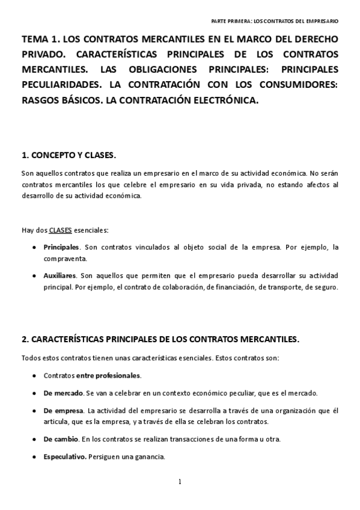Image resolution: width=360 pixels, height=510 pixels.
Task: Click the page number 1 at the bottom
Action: pos(179,481)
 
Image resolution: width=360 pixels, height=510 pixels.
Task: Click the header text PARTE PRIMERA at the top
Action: pos(231,21)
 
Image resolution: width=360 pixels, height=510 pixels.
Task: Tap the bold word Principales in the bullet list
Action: pos(61,247)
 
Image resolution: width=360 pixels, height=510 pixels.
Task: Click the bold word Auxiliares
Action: pos(60,275)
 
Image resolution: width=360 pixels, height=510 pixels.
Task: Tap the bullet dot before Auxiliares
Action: pos(32,275)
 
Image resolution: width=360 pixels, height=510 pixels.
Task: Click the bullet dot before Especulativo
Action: pos(32,457)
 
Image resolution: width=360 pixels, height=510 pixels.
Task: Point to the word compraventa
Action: pos(66,259)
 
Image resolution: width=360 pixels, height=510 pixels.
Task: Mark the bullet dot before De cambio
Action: pos(32,439)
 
